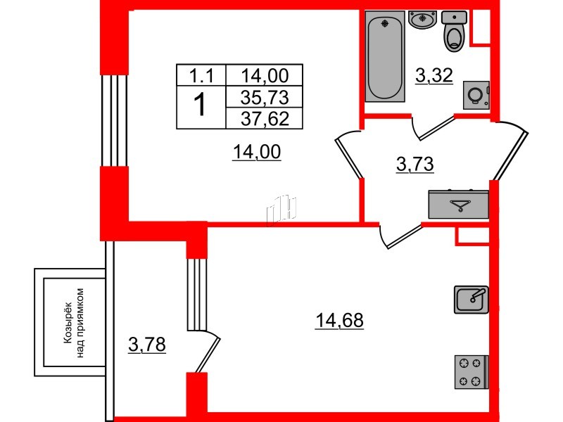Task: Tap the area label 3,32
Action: pyautogui.click(x=433, y=74)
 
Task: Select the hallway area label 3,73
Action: pyautogui.click(x=415, y=165)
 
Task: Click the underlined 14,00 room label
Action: pyautogui.click(x=257, y=150)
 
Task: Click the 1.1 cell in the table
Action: pyautogui.click(x=200, y=75)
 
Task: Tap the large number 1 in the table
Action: pyautogui.click(x=200, y=106)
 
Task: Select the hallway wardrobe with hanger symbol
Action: pyautogui.click(x=458, y=204)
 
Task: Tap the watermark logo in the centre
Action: pyautogui.click(x=283, y=209)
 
